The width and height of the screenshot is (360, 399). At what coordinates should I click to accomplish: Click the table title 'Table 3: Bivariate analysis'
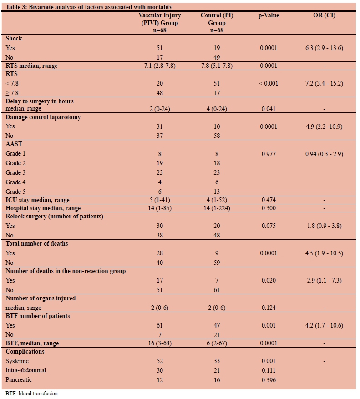point(89,7)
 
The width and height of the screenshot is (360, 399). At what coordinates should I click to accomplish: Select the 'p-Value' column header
point(268,15)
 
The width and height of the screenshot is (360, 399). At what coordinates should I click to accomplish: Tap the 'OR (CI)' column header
point(324,15)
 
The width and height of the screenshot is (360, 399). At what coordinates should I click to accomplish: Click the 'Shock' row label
point(14,39)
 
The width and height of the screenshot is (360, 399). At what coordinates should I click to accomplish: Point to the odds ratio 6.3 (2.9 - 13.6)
point(324,48)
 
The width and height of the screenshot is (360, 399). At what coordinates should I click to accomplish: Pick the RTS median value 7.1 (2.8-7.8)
point(159,66)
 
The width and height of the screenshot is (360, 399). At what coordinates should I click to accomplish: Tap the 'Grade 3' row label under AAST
point(16,172)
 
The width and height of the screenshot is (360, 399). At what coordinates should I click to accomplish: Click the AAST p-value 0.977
point(268,154)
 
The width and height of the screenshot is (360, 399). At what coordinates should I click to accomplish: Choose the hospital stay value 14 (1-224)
point(217,208)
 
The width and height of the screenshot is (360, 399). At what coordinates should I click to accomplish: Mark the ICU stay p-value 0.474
point(268,200)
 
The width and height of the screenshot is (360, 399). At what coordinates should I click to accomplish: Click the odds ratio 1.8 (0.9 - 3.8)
point(324,226)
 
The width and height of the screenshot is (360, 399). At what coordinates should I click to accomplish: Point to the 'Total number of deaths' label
point(36,244)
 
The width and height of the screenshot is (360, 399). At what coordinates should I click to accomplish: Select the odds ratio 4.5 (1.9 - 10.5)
point(324,253)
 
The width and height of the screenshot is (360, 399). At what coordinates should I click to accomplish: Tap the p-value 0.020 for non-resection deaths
point(268,281)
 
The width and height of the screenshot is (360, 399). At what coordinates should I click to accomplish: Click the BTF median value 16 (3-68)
point(159,343)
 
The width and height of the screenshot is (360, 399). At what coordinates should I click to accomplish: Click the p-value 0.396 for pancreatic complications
point(268,379)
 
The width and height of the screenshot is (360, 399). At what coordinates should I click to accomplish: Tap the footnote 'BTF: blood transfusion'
point(32,394)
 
